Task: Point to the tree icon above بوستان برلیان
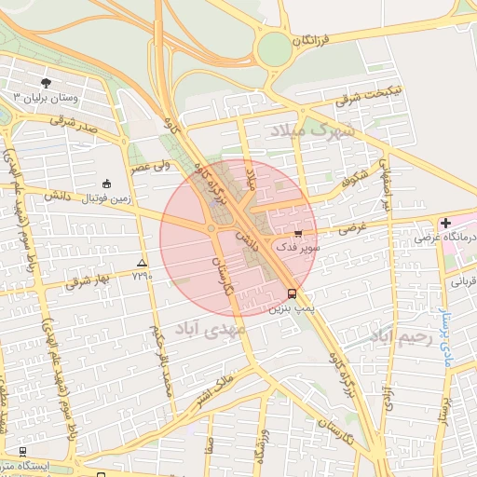46,83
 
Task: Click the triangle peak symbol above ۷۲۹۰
142,264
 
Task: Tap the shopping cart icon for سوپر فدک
298,234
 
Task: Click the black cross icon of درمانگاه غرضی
445,223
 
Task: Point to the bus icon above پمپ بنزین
280,293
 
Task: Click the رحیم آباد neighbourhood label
402,336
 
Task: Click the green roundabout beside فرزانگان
273,48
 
